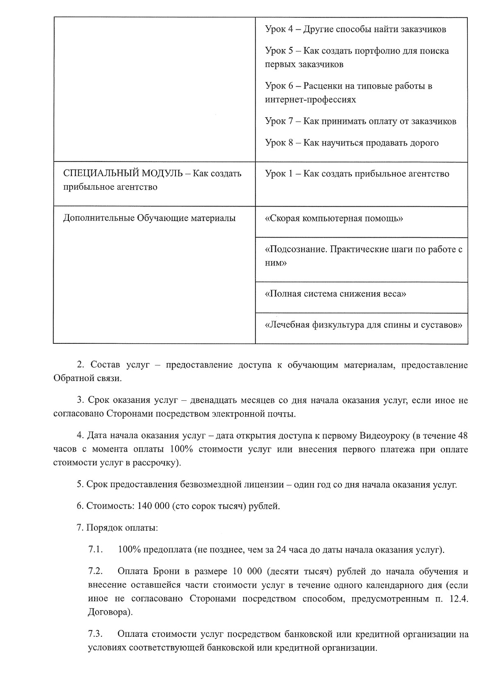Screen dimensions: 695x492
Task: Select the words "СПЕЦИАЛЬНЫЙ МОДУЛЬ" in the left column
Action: pyautogui.click(x=123, y=173)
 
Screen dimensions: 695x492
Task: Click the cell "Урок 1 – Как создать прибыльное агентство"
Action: pyautogui.click(x=357, y=174)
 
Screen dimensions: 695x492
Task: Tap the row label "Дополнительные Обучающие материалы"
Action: pyautogui.click(x=149, y=218)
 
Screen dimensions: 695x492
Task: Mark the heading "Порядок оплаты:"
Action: pyautogui.click(x=122, y=528)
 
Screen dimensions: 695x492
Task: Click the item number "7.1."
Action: pyautogui.click(x=95, y=550)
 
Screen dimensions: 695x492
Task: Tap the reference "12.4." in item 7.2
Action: pyautogui.click(x=458, y=599)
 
